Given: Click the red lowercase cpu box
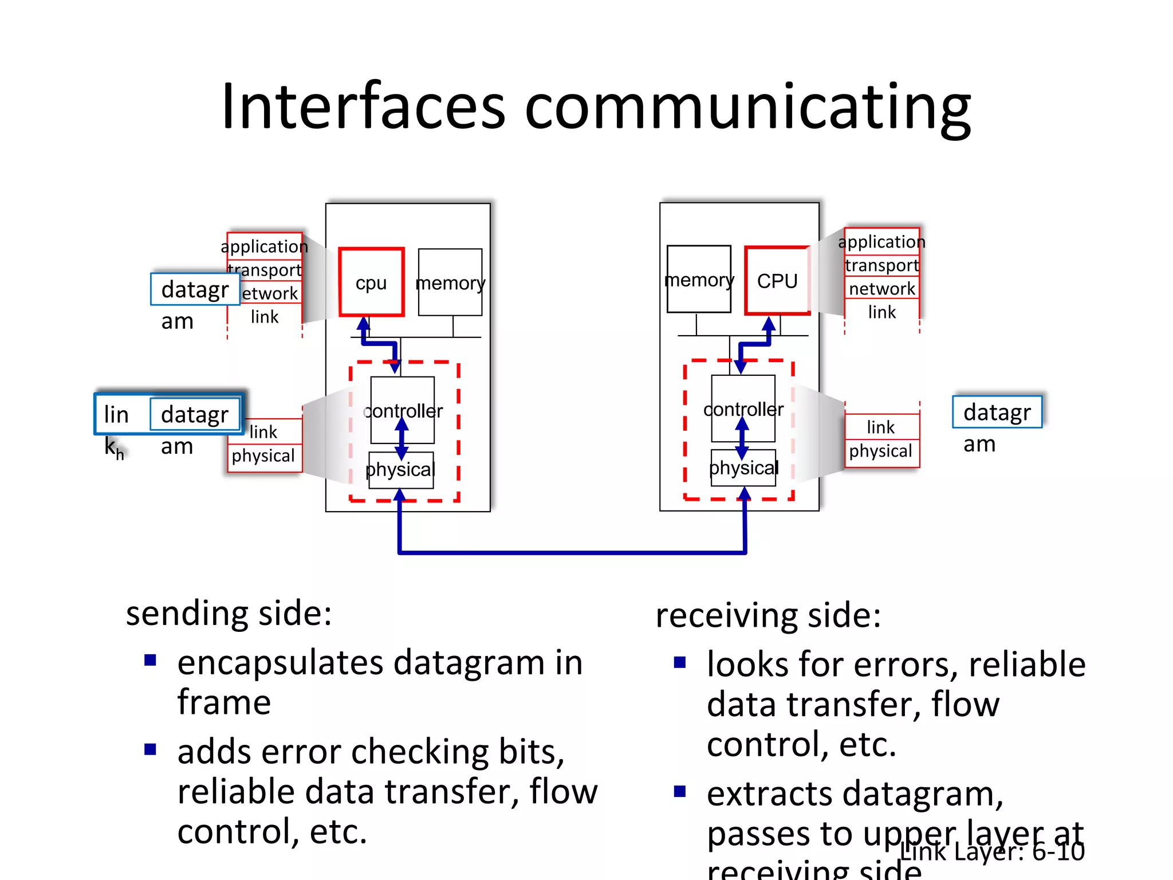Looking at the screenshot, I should pyautogui.click(x=371, y=282).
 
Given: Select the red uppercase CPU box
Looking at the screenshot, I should pyautogui.click(x=777, y=281).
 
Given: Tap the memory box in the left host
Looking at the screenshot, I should pyautogui.click(x=450, y=282).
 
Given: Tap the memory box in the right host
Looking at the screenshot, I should pyautogui.click(x=699, y=280).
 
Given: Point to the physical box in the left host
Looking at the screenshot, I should pyautogui.click(x=401, y=470).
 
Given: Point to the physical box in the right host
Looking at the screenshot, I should pyautogui.click(x=743, y=468).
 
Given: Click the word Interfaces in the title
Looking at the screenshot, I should pyautogui.click(x=363, y=107).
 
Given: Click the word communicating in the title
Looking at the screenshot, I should pyautogui.click(x=747, y=109).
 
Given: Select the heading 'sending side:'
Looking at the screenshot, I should pyautogui.click(x=229, y=613).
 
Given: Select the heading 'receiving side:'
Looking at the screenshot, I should pyautogui.click(x=767, y=615).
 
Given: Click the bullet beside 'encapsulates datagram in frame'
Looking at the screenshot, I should pyautogui.click(x=151, y=661).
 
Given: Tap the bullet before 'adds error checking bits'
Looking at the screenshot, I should pyautogui.click(x=151, y=749).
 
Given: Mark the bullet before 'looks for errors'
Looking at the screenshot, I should pyautogui.click(x=680, y=663).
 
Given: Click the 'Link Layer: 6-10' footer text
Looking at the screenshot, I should pyautogui.click(x=992, y=851).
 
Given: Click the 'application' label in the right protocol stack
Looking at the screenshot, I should pyautogui.click(x=881, y=242).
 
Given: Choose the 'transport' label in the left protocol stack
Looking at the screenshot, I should pyautogui.click(x=265, y=269).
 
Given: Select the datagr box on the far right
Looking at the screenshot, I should pyautogui.click(x=997, y=412).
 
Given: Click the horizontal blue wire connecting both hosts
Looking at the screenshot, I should pyautogui.click(x=573, y=552).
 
